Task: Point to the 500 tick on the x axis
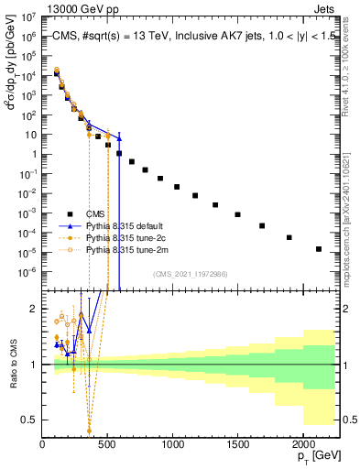click(x=108, y=445)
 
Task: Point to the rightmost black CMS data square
click(x=319, y=248)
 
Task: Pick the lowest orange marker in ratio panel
click(x=89, y=431)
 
